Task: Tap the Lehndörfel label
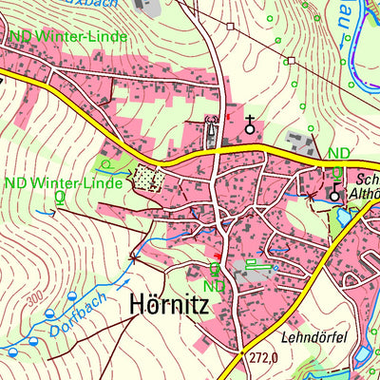pos(311,336)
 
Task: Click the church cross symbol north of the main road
pos(251,123)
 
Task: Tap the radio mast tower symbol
pos(213,122)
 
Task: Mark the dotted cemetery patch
pos(147,178)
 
